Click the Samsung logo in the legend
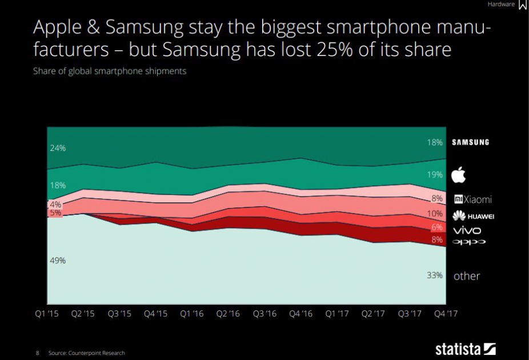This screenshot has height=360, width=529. tap(471, 142)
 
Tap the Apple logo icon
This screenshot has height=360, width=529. tap(459, 174)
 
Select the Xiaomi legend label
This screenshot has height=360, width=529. tap(472, 199)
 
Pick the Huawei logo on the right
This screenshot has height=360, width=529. tap(473, 216)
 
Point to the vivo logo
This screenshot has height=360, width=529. tap(467, 230)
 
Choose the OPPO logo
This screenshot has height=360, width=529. tap(469, 242)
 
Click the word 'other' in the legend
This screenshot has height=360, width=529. tap(467, 276)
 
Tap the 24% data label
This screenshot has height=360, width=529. tap(58, 148)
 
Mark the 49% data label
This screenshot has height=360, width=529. tap(58, 261)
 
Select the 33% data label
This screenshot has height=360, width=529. tap(435, 275)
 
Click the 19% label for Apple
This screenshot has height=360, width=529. tap(435, 174)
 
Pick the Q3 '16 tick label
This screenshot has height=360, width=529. tap(265, 314)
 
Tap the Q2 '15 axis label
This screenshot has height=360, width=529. tap(83, 314)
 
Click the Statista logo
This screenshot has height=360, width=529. tap(465, 348)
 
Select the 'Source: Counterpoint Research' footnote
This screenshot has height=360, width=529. tap(86, 353)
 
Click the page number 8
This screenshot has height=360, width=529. tap(38, 353)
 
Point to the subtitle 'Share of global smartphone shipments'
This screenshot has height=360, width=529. tap(110, 71)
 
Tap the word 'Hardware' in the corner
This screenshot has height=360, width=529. tap(501, 5)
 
